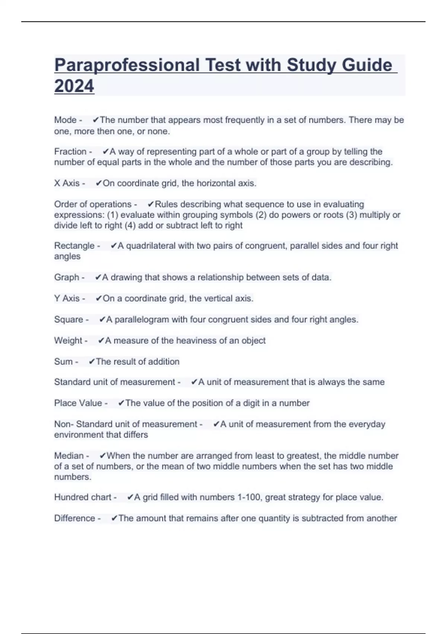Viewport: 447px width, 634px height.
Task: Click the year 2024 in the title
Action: click(x=74, y=86)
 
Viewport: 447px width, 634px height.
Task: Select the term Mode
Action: click(x=65, y=120)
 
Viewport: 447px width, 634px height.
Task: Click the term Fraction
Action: click(x=70, y=152)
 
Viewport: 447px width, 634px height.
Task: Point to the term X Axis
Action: click(x=67, y=183)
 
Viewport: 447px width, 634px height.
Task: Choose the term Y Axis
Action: click(x=67, y=299)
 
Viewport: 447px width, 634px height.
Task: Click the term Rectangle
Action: click(x=74, y=246)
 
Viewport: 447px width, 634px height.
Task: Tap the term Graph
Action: click(x=66, y=277)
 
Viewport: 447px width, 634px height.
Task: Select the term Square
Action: click(x=69, y=320)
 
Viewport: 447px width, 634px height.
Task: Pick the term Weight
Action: click(x=68, y=340)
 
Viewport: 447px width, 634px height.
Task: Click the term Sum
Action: click(x=63, y=362)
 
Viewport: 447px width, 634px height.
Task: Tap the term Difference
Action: click(x=74, y=518)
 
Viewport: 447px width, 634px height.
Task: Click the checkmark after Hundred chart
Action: click(x=130, y=498)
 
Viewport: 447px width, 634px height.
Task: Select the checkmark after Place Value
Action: click(x=121, y=403)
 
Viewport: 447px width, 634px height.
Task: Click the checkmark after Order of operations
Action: click(x=150, y=204)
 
